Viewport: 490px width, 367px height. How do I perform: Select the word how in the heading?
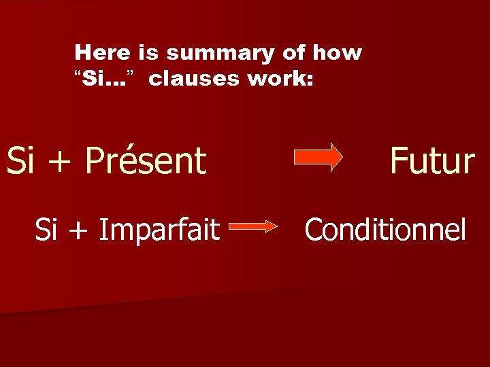342,52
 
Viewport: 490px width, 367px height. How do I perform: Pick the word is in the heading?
143,52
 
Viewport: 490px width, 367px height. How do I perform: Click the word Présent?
146,160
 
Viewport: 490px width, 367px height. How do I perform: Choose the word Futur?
431,160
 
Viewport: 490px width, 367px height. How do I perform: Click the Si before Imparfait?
46,230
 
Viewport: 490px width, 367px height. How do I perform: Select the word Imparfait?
159,230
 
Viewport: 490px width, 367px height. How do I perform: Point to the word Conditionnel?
385,230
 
